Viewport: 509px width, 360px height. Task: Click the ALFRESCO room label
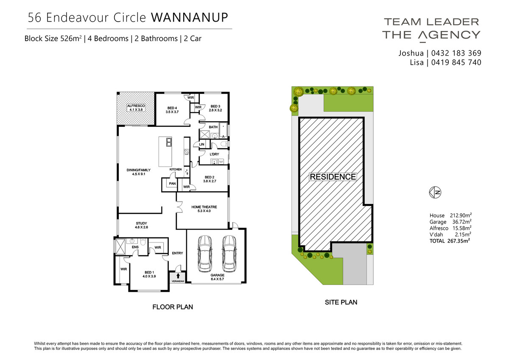click(136, 106)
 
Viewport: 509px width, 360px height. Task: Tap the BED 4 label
click(172, 108)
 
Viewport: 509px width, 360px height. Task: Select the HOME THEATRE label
click(204, 207)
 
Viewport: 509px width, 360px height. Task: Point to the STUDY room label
click(141, 223)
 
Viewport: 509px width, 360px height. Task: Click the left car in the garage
click(205, 254)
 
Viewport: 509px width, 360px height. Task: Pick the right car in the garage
click(229, 254)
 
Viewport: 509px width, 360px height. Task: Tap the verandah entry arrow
click(178, 276)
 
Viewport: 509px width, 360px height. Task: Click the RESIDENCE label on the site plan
click(333, 177)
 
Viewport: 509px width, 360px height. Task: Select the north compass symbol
click(435, 193)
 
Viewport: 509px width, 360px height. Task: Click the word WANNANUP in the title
click(190, 17)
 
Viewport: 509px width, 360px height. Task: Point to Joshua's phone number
click(456, 53)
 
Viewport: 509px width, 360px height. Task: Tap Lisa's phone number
click(456, 62)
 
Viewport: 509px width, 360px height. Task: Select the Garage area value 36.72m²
click(462, 222)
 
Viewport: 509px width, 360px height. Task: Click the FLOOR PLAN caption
click(173, 307)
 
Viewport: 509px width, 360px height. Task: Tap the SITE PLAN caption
click(341, 302)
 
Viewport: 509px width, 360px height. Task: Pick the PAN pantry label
click(172, 184)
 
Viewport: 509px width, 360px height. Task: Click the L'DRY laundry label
click(214, 154)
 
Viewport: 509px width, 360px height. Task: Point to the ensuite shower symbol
click(120, 246)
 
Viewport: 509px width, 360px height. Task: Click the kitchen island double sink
click(169, 142)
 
